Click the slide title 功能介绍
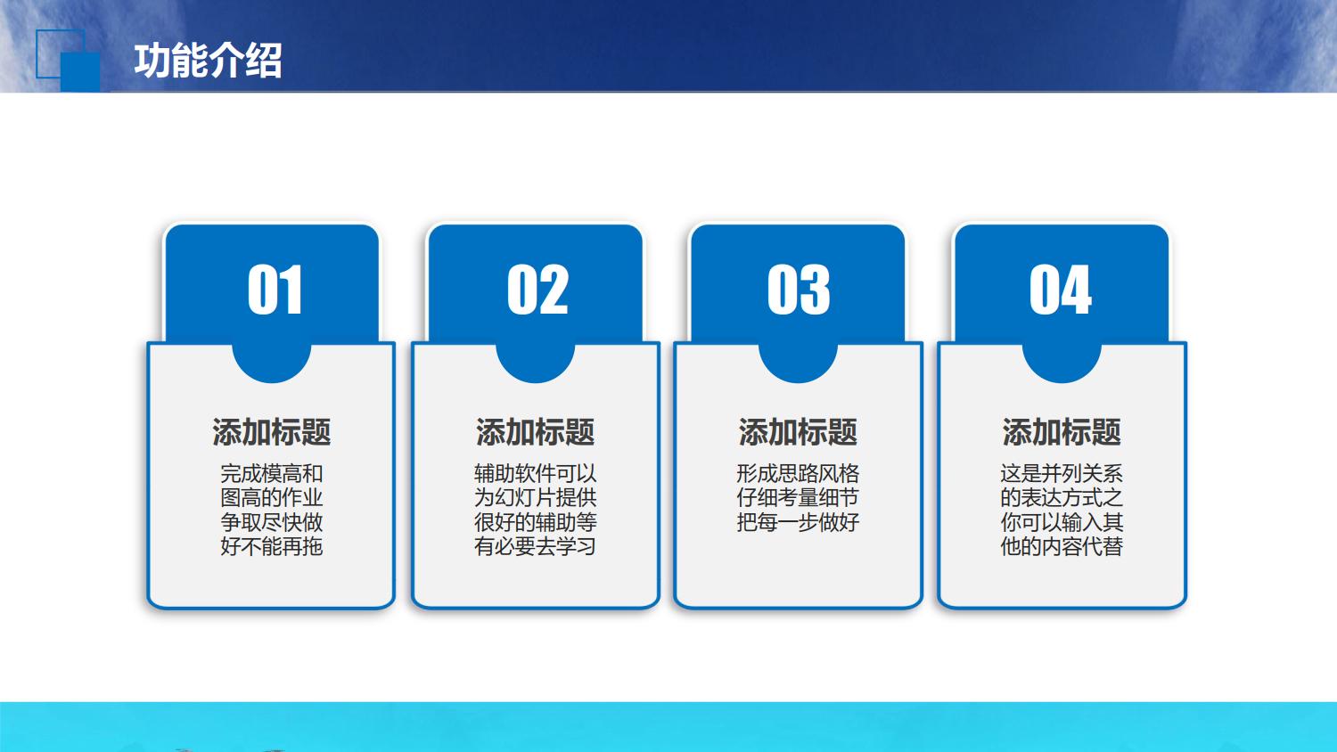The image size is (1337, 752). coord(208,61)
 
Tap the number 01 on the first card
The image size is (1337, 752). coord(275,290)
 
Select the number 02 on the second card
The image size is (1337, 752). coord(537,290)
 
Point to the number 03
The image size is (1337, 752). coord(799,290)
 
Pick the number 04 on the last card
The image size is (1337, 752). coord(1061,290)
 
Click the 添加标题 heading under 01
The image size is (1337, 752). coord(272,432)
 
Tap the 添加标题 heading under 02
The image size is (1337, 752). coord(535,432)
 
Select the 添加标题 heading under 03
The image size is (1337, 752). coord(798,432)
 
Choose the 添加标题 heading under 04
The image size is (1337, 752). coord(1062,432)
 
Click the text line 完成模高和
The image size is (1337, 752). coord(272,473)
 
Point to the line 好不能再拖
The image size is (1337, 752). coord(272,546)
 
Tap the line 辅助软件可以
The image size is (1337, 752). coord(535,473)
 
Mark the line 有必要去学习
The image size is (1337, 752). coord(535,546)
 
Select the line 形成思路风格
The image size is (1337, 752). coord(798,473)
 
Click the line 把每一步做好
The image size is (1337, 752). coord(798,522)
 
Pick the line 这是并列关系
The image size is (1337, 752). coord(1062,473)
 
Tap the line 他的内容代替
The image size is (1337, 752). coord(1062,546)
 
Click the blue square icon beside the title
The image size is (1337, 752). coord(68,60)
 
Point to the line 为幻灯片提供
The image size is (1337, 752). coord(535,497)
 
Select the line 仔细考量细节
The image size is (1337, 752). coord(798,497)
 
